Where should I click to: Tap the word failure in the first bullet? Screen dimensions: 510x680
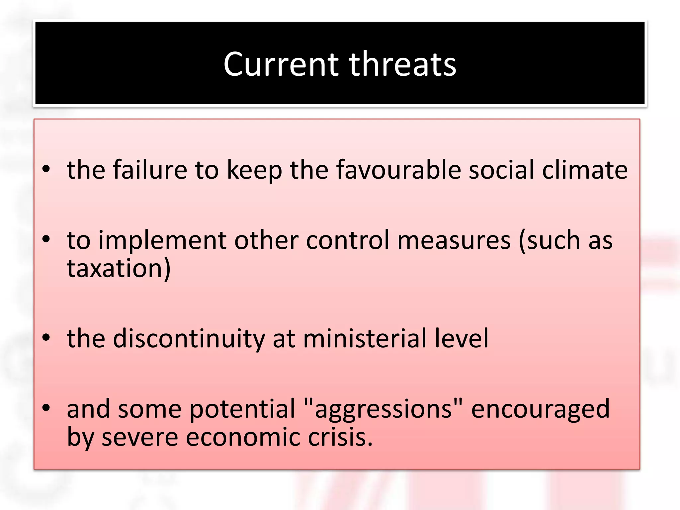click(150, 170)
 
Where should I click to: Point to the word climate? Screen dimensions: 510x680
click(585, 170)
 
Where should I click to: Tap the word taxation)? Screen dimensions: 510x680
click(119, 268)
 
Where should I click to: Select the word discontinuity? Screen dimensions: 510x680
click(189, 339)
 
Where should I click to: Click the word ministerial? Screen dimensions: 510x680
click(365, 339)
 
